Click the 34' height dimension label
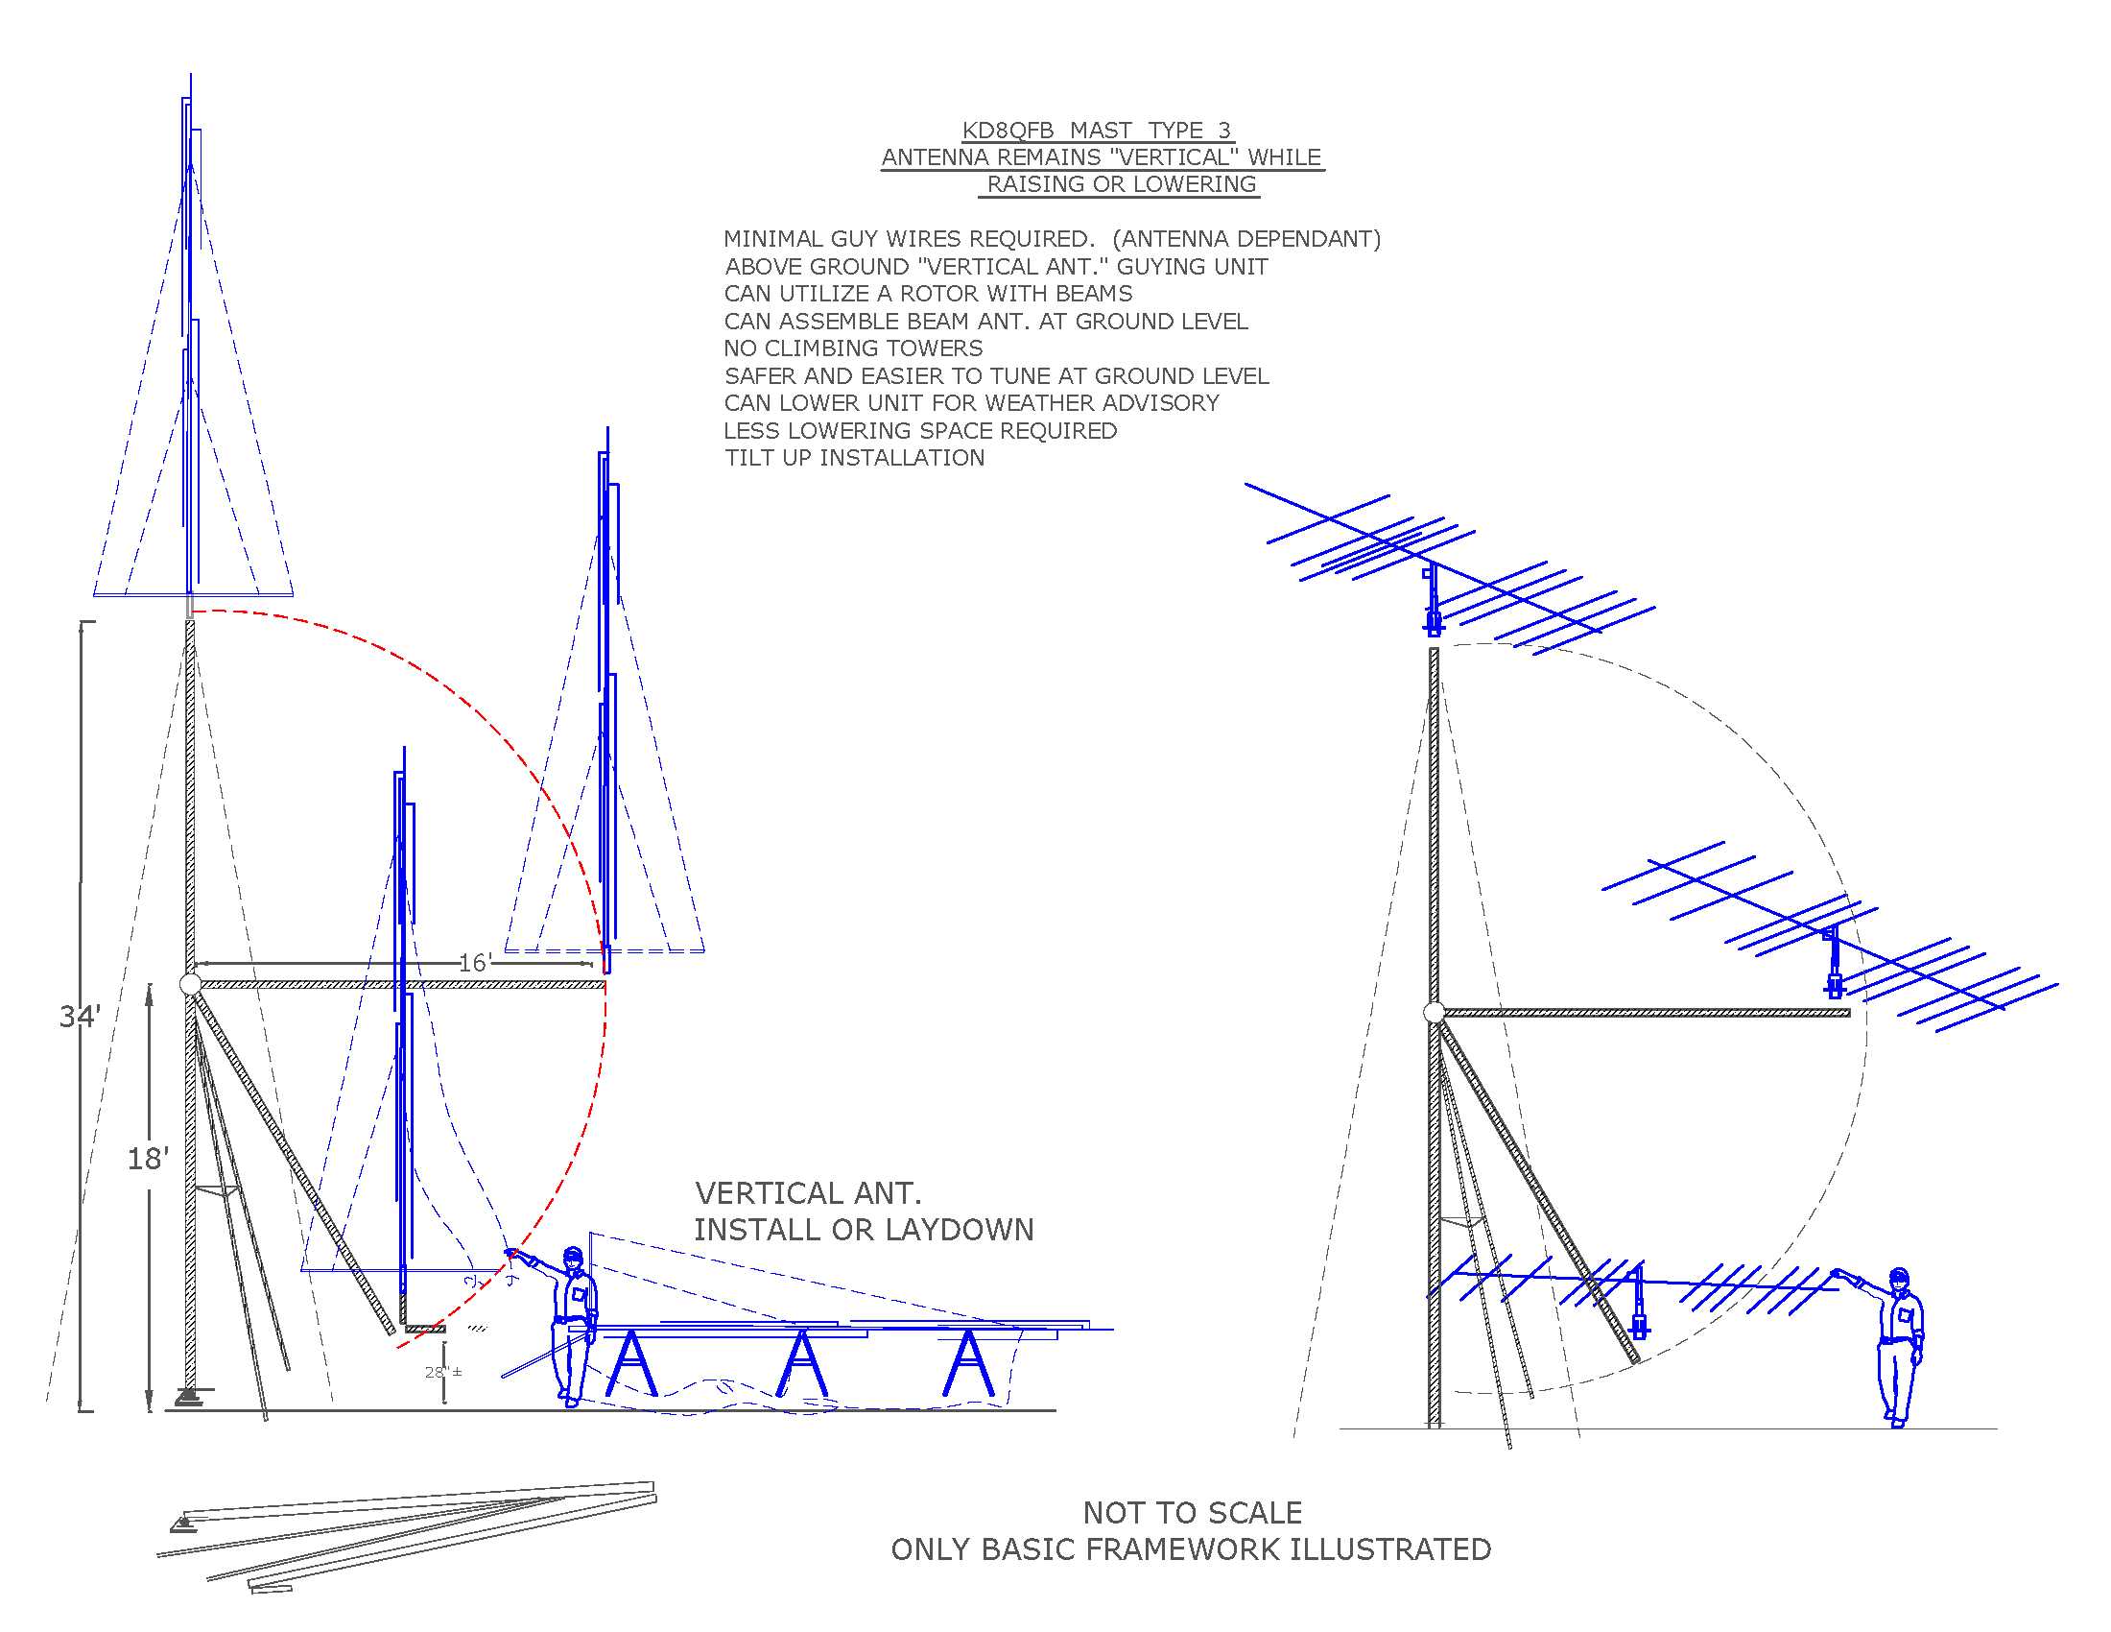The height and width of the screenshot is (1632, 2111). coord(80,1016)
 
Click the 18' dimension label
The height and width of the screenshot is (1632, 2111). coord(148,1159)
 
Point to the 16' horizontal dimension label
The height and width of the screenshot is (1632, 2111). coord(475,963)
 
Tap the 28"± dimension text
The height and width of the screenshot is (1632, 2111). coord(442,1372)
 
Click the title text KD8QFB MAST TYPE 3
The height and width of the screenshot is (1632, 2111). coord(1096,131)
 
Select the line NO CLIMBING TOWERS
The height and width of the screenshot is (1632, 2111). coord(852,348)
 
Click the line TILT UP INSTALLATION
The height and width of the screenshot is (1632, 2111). coord(854,458)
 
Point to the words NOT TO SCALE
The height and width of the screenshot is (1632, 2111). coord(1192,1513)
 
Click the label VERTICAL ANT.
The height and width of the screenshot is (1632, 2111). coord(808,1194)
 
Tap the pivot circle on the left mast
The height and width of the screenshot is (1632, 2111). coord(190,984)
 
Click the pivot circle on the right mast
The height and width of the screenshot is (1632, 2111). coord(1434,1012)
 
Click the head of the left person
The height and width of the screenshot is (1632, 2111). coord(573,1257)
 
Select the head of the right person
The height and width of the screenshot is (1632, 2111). coord(1899,1278)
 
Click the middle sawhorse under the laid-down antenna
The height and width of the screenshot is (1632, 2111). coord(802,1363)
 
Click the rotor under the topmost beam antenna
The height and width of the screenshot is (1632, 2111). coord(1434,621)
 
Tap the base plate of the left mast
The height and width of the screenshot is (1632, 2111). coord(189,1397)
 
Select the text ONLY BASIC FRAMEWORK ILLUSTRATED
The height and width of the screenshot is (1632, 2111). coord(1191,1549)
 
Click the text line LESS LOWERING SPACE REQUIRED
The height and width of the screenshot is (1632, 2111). coord(920,431)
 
